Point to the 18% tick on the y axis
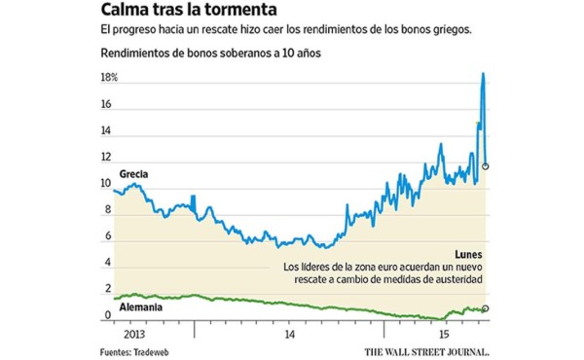click(x=108, y=78)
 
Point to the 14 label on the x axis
click(x=290, y=332)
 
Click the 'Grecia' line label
click(x=134, y=174)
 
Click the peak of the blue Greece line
click(x=483, y=74)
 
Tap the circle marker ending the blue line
click(x=486, y=166)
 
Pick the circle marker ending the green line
click(x=486, y=308)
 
